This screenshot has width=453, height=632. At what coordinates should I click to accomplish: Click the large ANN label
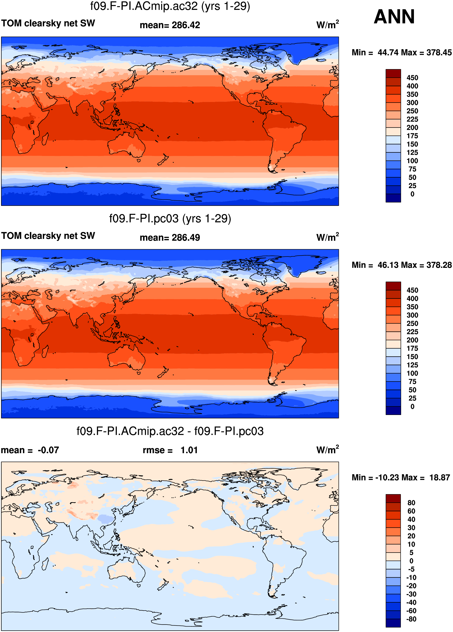tap(394, 17)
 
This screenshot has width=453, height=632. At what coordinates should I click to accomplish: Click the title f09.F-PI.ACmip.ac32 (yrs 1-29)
tap(170, 6)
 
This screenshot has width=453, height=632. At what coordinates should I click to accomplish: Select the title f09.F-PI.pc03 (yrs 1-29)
tap(170, 219)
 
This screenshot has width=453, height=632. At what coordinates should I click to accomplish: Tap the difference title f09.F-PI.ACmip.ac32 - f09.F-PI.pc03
tap(170, 431)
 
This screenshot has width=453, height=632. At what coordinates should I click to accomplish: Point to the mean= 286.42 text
tap(170, 25)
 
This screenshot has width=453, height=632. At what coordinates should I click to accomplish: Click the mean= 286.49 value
tap(170, 238)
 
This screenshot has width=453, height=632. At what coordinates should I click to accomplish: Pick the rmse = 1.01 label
tap(170, 450)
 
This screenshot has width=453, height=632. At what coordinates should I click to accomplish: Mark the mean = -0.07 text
tap(30, 450)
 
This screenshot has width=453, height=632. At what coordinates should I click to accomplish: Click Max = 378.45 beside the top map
tap(434, 52)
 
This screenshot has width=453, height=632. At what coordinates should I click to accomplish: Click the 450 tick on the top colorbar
tap(412, 78)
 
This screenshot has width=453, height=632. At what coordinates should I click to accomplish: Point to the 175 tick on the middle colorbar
tap(412, 349)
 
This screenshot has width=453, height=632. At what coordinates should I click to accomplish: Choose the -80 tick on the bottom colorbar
tap(411, 619)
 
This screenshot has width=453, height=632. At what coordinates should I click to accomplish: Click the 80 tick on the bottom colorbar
tap(411, 503)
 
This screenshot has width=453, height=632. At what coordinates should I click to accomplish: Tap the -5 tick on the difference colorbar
tap(411, 569)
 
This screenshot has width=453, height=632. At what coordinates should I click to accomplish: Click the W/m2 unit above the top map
tap(328, 25)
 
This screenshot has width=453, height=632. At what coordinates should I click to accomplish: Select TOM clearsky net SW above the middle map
tap(48, 236)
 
